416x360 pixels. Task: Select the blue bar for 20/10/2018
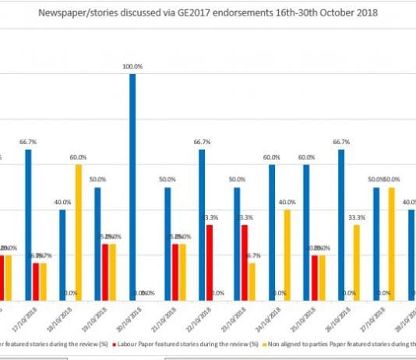[x=132, y=187]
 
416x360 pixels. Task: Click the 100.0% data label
[x=132, y=68]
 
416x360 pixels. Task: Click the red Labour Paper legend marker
[x=116, y=343]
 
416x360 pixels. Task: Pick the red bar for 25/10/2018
[x=314, y=277]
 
